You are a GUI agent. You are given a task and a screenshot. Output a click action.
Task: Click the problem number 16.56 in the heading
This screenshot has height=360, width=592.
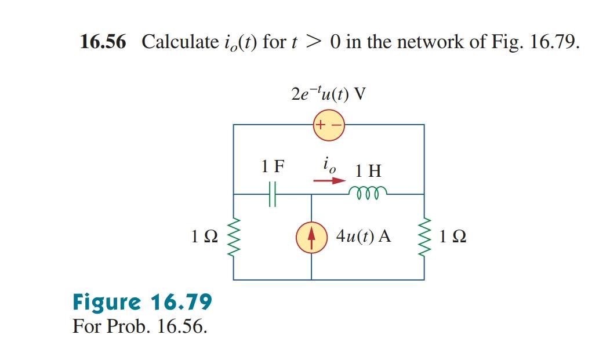(103, 42)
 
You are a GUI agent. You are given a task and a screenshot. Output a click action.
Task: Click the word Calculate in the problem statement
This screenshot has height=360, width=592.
(178, 42)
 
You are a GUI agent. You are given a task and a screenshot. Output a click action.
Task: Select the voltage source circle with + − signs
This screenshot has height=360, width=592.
(328, 125)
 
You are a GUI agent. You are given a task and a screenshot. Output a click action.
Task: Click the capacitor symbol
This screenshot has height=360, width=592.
(273, 194)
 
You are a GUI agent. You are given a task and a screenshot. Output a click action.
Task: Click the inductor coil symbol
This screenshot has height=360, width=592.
(366, 192)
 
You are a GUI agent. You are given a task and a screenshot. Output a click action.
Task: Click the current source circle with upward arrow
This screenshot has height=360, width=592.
(311, 238)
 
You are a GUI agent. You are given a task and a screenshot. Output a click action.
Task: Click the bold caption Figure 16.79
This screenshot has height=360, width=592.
(142, 302)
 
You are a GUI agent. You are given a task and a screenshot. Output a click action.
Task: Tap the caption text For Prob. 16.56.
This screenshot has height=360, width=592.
(140, 326)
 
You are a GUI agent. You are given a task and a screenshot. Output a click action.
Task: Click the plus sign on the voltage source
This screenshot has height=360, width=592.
(321, 125)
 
